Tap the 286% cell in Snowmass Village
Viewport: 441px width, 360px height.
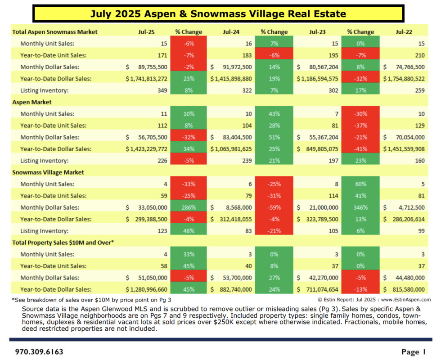[189, 207]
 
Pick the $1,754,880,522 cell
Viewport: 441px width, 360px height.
[404, 79]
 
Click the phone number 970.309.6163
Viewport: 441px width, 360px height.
[39, 351]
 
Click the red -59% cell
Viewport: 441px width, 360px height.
[274, 207]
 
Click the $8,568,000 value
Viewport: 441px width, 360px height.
[234, 207]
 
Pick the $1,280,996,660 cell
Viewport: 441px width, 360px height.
[146, 289]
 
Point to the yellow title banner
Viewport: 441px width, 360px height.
[218, 14]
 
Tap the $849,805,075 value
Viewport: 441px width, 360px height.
[319, 149]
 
